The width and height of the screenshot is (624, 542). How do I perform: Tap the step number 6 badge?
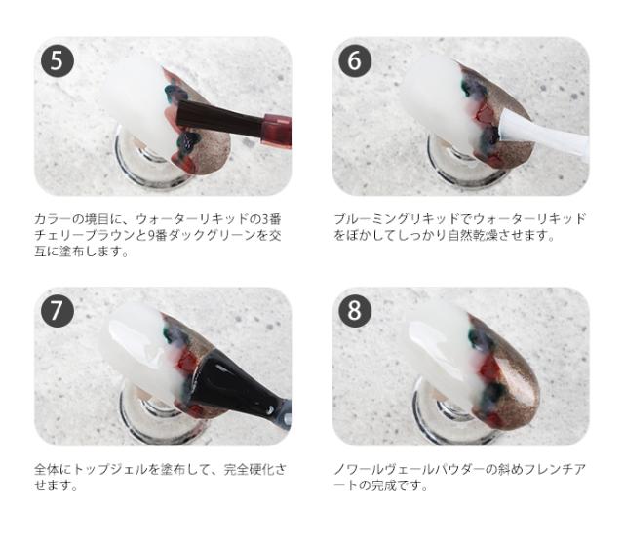click(356, 62)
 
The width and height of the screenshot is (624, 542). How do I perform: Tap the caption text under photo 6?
click(458, 226)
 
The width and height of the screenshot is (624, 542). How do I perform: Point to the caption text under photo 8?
click(458, 477)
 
